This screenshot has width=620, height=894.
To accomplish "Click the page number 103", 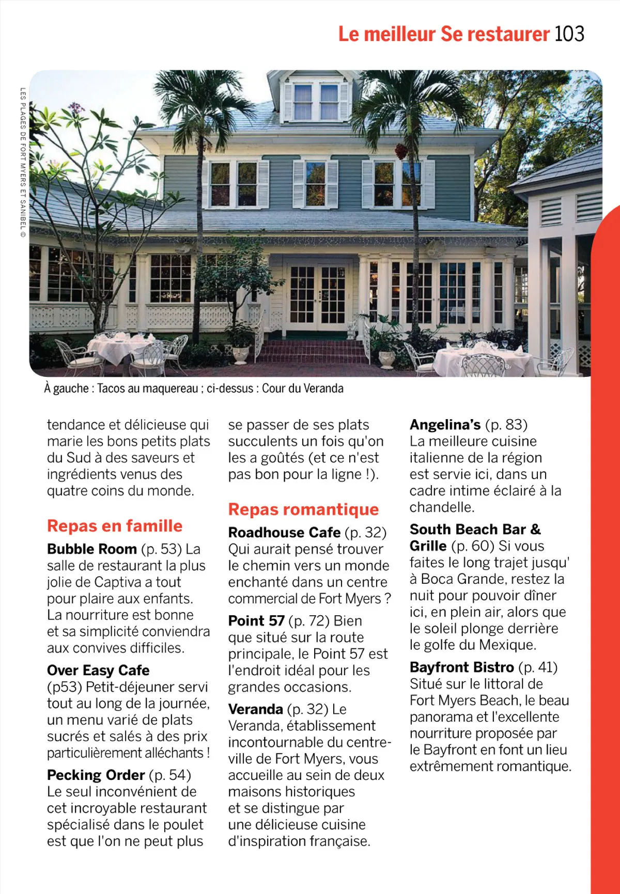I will click(x=569, y=34).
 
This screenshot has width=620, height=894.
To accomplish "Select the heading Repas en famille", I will click(x=115, y=526).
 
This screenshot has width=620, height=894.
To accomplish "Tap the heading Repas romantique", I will click(x=303, y=509).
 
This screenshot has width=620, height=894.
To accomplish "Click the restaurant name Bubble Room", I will click(x=91, y=549).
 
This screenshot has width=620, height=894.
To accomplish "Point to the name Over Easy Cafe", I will click(x=98, y=670).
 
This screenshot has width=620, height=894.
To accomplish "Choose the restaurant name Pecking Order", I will click(x=96, y=775).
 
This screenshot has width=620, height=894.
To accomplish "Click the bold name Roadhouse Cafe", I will click(x=284, y=532).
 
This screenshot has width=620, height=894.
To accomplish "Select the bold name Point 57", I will click(x=256, y=621).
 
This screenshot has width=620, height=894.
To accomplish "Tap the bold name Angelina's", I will click(x=445, y=425).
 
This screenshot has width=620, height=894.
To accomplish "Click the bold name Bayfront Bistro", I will click(x=461, y=667).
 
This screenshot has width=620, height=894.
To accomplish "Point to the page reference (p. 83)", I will click(x=506, y=425).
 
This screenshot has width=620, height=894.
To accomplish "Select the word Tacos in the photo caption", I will click(x=110, y=389).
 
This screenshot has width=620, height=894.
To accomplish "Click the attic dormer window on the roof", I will click(x=315, y=101).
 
